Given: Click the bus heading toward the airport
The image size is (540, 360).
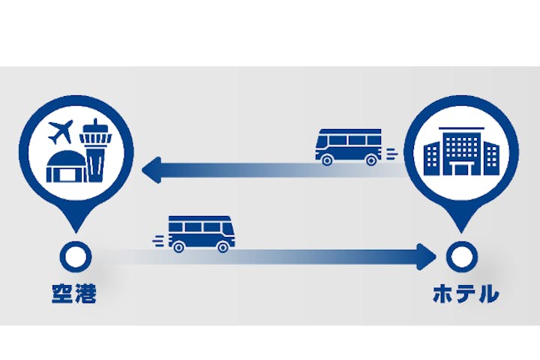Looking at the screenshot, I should (348, 146).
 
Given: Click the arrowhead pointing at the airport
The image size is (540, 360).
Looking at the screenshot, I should (154, 171).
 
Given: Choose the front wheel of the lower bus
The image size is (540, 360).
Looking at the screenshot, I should (223, 247).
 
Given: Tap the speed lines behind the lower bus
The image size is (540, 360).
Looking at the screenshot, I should (159, 240).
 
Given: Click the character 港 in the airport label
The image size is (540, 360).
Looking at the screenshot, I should (87, 293).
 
